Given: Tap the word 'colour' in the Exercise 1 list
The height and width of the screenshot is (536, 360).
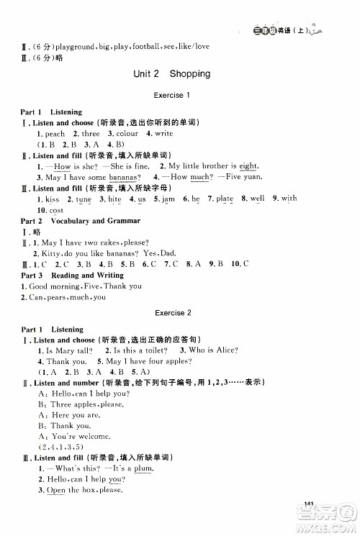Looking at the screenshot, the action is pyautogui.click(x=127, y=134).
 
